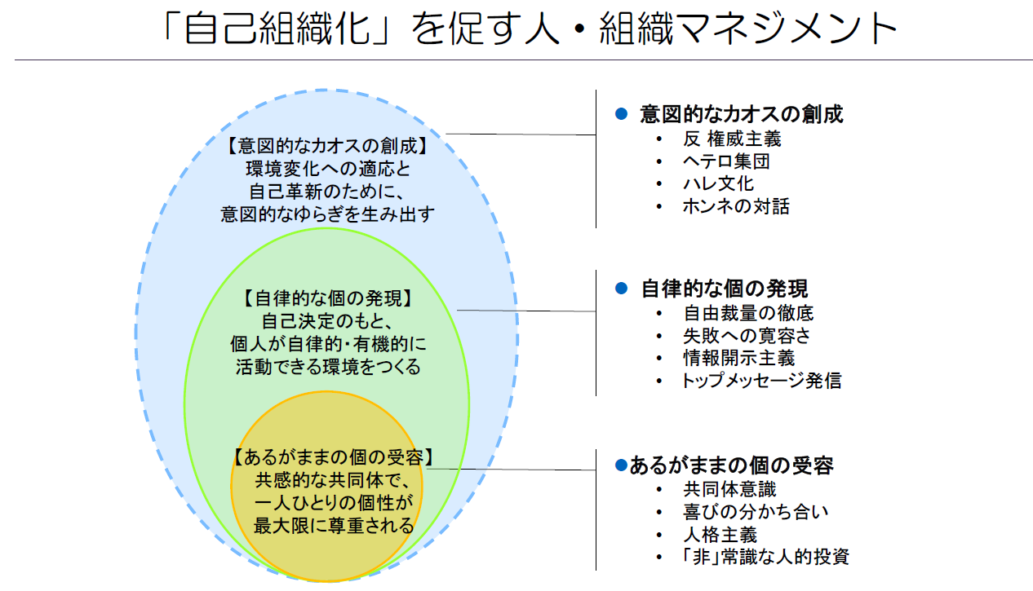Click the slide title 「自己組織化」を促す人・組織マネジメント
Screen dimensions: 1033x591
[x=530, y=29]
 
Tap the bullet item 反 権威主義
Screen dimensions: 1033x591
[x=732, y=139]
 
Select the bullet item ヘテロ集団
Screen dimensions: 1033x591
[x=726, y=161]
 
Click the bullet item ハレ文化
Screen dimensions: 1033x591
[x=718, y=183]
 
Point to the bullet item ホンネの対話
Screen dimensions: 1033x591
[x=736, y=206]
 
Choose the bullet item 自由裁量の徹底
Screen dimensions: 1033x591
[x=748, y=313]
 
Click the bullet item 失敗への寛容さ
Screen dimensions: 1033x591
[x=747, y=336]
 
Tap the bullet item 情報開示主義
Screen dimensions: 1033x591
[x=739, y=359]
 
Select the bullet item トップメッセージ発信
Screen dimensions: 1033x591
[x=761, y=381]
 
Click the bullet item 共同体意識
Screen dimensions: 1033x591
[x=730, y=489]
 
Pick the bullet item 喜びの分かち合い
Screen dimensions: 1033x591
[x=756, y=512]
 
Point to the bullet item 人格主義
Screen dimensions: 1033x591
[x=720, y=535]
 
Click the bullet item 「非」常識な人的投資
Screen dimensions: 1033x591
[x=765, y=557]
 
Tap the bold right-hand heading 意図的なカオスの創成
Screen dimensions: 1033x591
[x=742, y=114]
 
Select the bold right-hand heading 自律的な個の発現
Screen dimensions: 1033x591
[x=725, y=289]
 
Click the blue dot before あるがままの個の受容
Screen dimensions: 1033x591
[x=621, y=465]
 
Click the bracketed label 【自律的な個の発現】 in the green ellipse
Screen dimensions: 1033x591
[x=328, y=298]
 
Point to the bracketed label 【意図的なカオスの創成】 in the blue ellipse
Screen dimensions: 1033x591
[x=328, y=146]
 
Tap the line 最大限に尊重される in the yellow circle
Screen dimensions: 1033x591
[x=334, y=526]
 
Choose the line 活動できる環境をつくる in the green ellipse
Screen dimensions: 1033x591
[x=328, y=367]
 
